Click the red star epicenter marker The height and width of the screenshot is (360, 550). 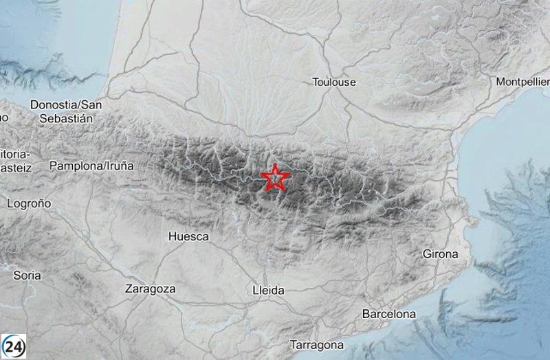(275, 178)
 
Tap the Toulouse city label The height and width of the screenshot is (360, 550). (334, 82)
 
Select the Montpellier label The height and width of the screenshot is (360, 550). (522, 82)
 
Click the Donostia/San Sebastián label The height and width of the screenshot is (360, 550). (66, 111)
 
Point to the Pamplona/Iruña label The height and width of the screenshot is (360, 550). (91, 166)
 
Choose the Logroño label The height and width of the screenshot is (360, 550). (29, 203)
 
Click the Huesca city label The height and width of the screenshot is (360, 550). (188, 236)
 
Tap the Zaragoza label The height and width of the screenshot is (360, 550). (150, 289)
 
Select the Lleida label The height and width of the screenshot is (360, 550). (269, 291)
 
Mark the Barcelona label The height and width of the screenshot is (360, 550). (389, 314)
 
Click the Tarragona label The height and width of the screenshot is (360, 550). (317, 344)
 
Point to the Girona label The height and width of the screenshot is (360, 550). (440, 254)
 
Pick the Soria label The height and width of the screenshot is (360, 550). (27, 275)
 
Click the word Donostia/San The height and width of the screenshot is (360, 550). (66, 105)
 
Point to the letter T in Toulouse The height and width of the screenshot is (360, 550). (316, 82)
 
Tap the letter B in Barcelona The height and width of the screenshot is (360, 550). (366, 314)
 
